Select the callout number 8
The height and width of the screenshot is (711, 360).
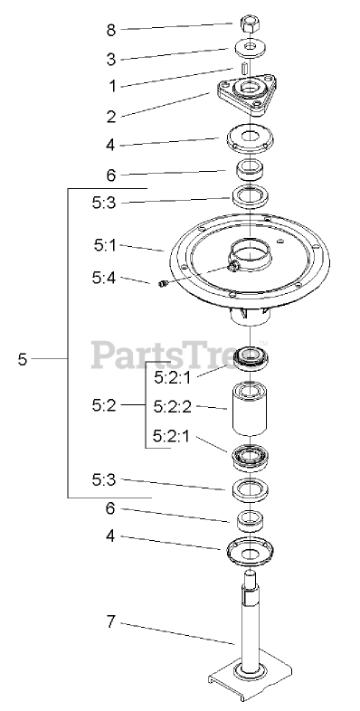coord(111,31)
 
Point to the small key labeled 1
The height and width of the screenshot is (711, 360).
coord(243,71)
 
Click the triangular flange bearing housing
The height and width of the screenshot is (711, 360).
coord(247,94)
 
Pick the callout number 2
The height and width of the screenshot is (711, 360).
coord(111,117)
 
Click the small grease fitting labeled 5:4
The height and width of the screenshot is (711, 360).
coord(163,283)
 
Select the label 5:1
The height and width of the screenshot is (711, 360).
coord(105,246)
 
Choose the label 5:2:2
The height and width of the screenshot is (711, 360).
coord(172,407)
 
